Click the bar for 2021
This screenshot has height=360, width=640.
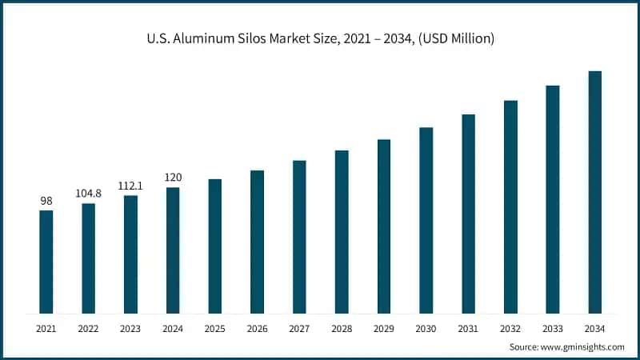pyautogui.click(x=46, y=262)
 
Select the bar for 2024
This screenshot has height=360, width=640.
pyautogui.click(x=173, y=250)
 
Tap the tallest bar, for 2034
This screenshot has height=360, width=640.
pyautogui.click(x=594, y=192)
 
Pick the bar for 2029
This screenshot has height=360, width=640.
pyautogui.click(x=384, y=226)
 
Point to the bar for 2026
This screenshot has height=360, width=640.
pyautogui.click(x=257, y=242)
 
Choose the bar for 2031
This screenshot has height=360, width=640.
pyautogui.click(x=468, y=214)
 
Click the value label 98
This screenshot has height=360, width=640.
pyautogui.click(x=46, y=200)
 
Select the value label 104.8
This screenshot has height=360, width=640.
pyautogui.click(x=88, y=193)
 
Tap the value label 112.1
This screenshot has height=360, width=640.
pyautogui.click(x=130, y=186)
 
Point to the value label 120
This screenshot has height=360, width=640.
pyautogui.click(x=173, y=178)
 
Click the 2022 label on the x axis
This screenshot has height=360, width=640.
pyautogui.click(x=88, y=328)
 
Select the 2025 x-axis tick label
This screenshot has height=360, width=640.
pyautogui.click(x=215, y=328)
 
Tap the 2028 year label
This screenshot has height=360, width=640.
pyautogui.click(x=342, y=328)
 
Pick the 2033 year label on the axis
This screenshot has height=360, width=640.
pyautogui.click(x=553, y=328)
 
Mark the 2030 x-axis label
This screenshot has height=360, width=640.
pyautogui.click(x=426, y=328)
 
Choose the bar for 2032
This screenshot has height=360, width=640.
pyautogui.click(x=510, y=206)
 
